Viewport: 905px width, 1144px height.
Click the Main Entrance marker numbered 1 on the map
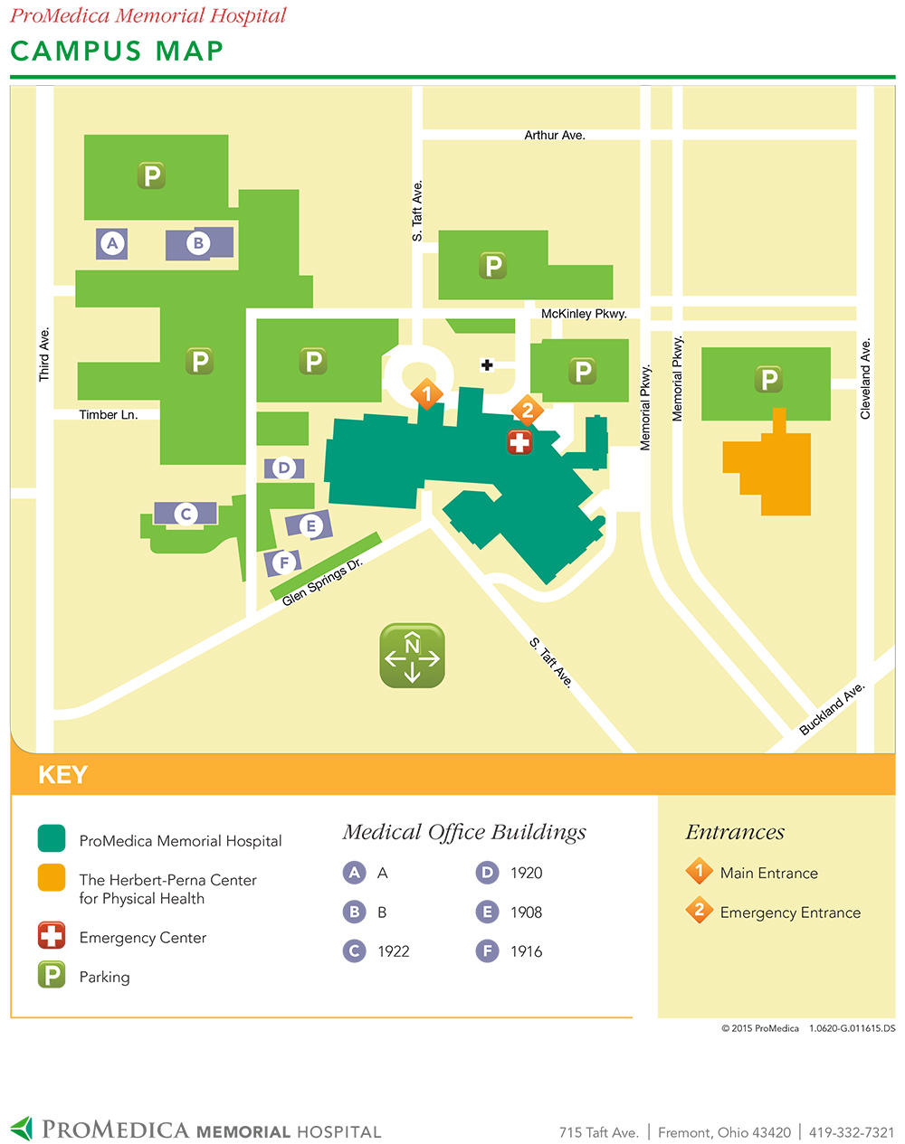[x=426, y=394]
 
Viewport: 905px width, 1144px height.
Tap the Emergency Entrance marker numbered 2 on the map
[x=527, y=411]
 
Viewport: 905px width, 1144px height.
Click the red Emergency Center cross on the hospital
[x=519, y=442]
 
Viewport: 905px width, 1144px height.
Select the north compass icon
[x=412, y=656]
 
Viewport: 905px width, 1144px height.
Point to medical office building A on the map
[x=112, y=243]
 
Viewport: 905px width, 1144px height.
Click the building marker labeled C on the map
[x=186, y=514]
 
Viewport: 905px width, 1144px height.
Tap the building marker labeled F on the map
[x=284, y=563]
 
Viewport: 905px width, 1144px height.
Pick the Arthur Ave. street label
[x=555, y=135]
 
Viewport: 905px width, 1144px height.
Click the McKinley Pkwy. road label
[x=584, y=314]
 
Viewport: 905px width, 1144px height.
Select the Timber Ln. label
[x=109, y=415]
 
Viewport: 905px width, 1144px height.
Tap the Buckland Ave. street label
[x=832, y=709]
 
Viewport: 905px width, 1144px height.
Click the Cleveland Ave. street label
[x=865, y=379]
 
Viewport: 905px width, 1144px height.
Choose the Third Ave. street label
[x=44, y=355]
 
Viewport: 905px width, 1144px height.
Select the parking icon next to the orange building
[x=768, y=379]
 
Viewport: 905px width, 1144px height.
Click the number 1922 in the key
[x=394, y=951]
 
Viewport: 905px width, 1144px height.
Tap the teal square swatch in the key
[x=52, y=839]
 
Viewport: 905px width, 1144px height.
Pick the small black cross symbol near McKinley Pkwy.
[x=487, y=365]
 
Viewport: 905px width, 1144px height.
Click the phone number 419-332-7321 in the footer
[x=852, y=1132]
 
